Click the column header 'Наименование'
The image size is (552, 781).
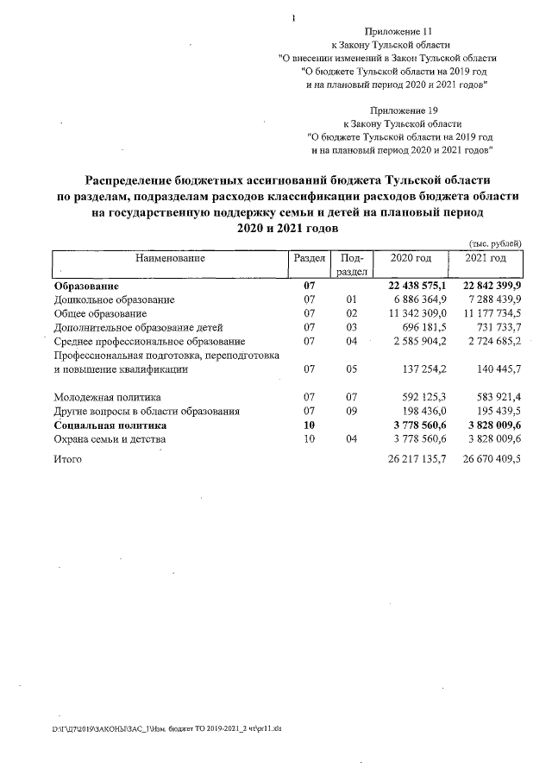[x=170, y=258]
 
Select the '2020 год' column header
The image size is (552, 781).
[x=411, y=258]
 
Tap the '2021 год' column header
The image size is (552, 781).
[x=486, y=258]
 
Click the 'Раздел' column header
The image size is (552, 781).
[x=309, y=258]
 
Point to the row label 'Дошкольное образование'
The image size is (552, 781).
[x=114, y=299]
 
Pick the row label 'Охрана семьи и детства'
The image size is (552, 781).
[x=110, y=439]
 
